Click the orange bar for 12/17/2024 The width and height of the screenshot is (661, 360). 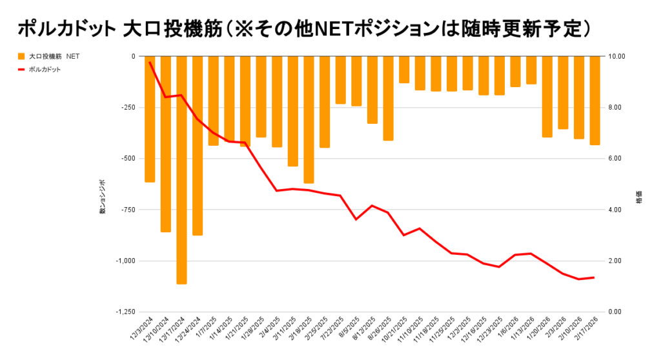coord(181,170)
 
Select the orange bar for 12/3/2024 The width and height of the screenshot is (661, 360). coord(150,119)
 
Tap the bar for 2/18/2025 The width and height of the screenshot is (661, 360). coord(309,119)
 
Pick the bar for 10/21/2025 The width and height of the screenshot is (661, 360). coord(404,70)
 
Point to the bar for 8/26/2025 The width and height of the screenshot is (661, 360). coord(388,98)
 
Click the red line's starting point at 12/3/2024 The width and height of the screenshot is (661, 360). coord(150,63)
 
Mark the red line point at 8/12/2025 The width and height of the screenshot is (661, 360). coord(372,206)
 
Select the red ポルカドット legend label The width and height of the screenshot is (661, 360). coord(45,69)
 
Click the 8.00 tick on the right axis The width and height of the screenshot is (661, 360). coord(618,108)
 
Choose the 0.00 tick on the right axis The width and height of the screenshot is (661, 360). coord(618,312)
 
